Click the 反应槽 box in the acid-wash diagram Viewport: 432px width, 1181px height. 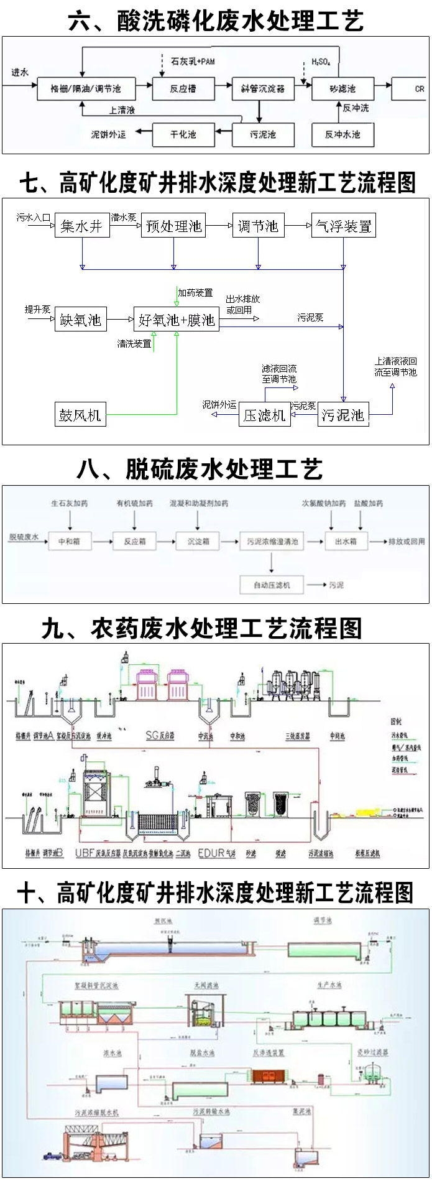click(x=183, y=88)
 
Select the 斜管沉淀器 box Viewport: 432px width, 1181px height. click(x=263, y=88)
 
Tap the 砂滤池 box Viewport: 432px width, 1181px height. click(x=342, y=88)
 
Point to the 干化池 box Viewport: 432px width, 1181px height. click(x=183, y=134)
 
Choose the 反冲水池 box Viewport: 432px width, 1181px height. click(x=342, y=134)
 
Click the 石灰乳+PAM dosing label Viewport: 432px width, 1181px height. click(x=193, y=62)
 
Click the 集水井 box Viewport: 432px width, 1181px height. click(x=82, y=226)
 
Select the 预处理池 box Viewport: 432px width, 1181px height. click(x=174, y=226)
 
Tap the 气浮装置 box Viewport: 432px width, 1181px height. click(x=344, y=226)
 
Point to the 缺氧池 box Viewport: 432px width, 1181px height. click(x=81, y=320)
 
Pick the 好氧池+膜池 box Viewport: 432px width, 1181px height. click(x=177, y=320)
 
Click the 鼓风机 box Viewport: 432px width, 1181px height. click(x=80, y=415)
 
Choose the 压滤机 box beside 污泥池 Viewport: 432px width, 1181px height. click(x=265, y=415)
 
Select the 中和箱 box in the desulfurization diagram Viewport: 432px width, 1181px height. click(x=69, y=542)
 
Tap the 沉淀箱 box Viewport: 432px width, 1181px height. click(x=199, y=542)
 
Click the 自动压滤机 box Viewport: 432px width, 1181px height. click(x=272, y=585)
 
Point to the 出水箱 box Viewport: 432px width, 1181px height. click(x=346, y=542)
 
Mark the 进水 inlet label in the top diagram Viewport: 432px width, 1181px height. click(x=20, y=73)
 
